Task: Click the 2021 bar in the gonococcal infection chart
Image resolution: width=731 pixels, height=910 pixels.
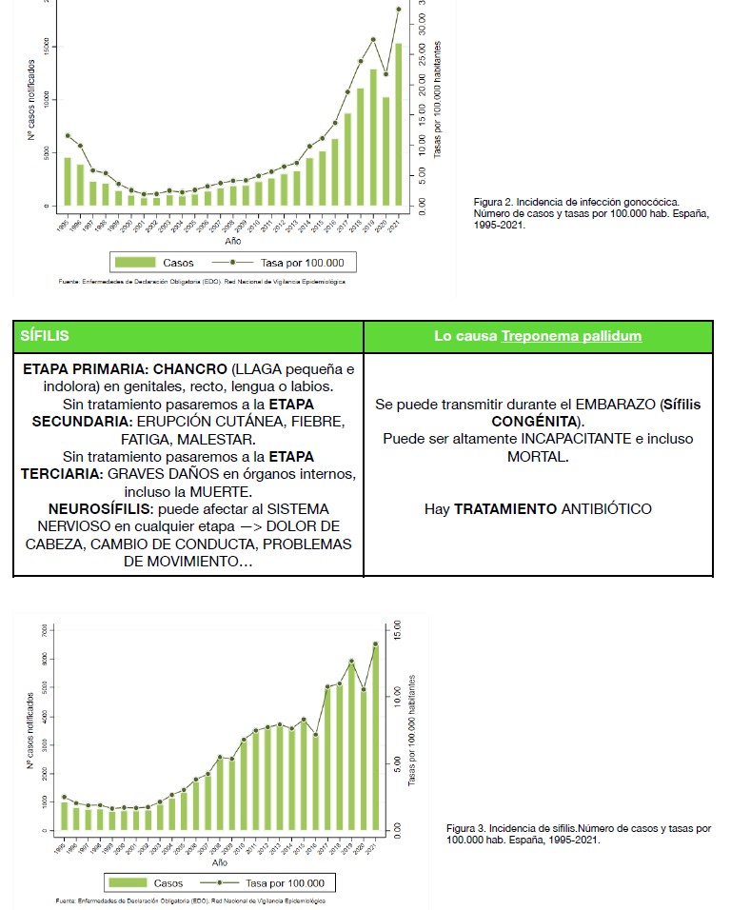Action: (398, 124)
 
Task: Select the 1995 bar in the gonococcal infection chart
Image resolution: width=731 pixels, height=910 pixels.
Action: (68, 181)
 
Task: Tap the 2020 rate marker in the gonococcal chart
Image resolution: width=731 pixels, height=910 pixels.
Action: (385, 73)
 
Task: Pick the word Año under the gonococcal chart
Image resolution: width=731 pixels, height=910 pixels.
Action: (233, 241)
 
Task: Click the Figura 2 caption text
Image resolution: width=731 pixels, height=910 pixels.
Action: (590, 213)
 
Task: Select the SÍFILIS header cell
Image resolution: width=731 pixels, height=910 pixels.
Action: (188, 336)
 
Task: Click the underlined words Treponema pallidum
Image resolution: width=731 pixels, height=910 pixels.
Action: (571, 336)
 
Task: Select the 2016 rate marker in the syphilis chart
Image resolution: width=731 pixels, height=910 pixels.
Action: (315, 735)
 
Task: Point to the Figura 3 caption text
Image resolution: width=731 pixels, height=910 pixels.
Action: (578, 834)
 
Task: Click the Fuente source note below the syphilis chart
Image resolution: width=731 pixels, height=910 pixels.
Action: (190, 900)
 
